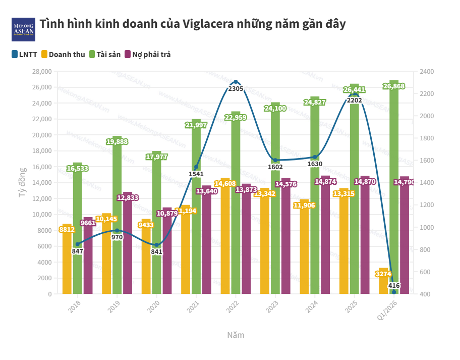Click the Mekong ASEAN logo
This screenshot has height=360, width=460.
click(x=23, y=29)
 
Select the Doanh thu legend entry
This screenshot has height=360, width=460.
click(x=63, y=54)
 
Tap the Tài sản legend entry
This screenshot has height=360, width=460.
click(x=105, y=54)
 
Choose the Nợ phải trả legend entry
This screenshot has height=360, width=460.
click(x=147, y=54)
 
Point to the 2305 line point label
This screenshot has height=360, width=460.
click(x=236, y=89)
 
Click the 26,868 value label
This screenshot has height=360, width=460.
click(x=394, y=87)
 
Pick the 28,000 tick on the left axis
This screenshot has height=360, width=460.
click(x=42, y=72)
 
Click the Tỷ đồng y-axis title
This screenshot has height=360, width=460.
click(x=23, y=183)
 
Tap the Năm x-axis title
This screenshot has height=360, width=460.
click(x=236, y=335)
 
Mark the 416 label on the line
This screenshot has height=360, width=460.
click(x=394, y=286)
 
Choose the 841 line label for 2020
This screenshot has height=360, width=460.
click(x=156, y=252)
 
